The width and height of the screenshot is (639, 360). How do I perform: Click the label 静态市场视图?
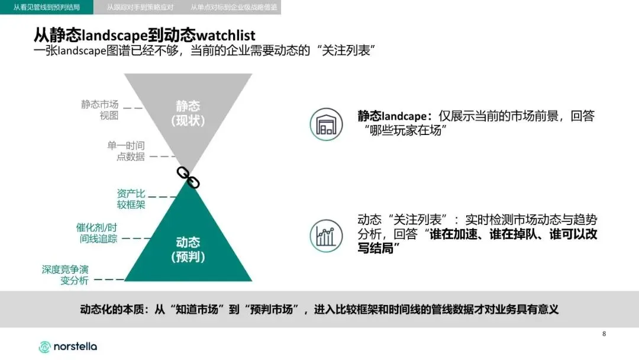click(100, 110)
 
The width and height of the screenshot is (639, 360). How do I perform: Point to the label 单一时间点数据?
click(126, 151)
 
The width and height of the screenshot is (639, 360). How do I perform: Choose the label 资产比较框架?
click(131, 199)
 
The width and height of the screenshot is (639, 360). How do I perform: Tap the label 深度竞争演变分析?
click(65, 274)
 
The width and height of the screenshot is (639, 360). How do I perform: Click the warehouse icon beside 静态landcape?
click(326, 124)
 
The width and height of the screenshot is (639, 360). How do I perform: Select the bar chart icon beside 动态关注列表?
click(326, 236)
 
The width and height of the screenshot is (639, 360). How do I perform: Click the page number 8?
click(604, 334)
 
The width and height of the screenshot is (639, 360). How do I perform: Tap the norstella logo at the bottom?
click(68, 346)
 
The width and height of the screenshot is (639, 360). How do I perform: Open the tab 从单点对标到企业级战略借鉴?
click(234, 8)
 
